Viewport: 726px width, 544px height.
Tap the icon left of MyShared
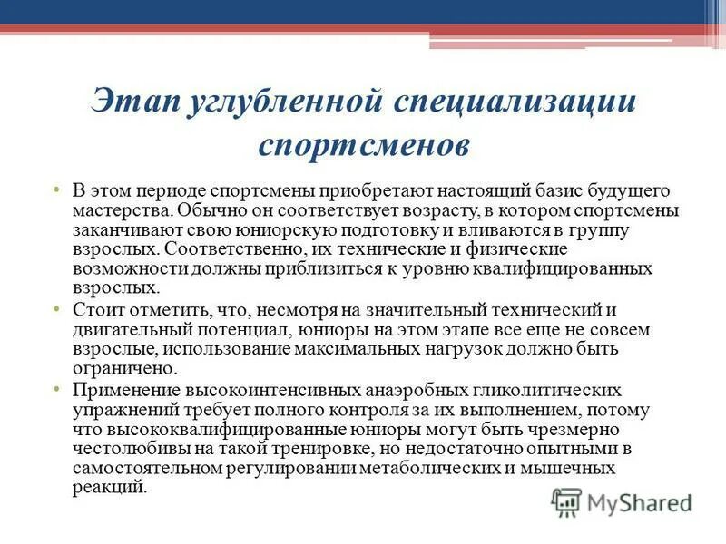point(566,500)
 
